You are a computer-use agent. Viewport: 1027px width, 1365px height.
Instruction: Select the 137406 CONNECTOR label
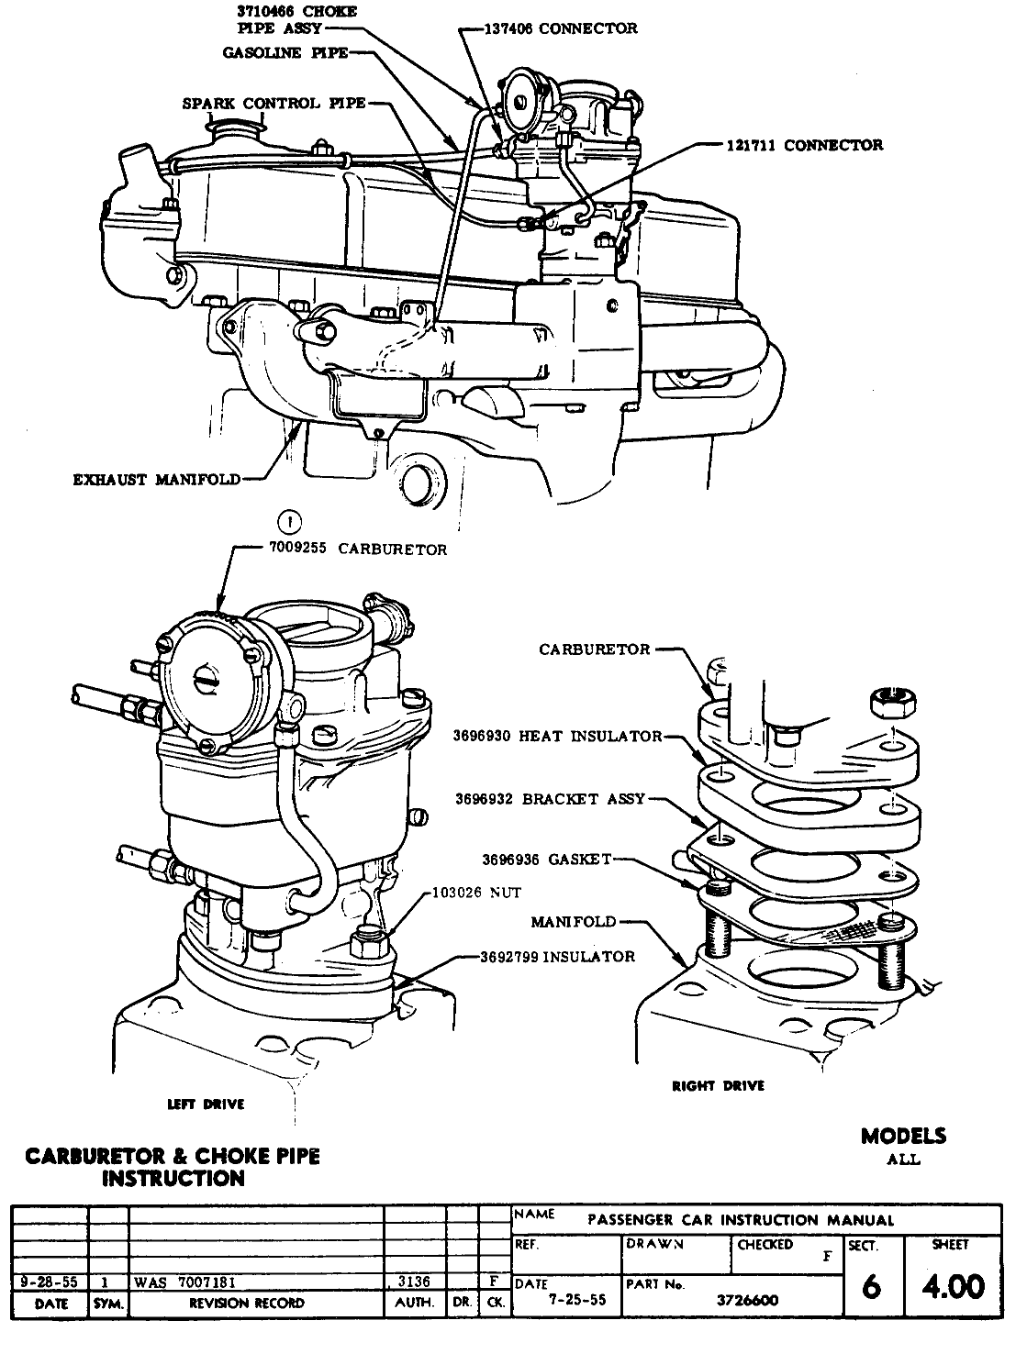point(562,28)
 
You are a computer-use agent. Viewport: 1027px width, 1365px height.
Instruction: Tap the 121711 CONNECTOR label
point(804,145)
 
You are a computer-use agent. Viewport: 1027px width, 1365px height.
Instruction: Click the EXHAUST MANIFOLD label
point(157,479)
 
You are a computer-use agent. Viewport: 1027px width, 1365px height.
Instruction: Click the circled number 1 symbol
point(290,523)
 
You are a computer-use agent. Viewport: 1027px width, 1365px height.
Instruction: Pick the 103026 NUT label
point(475,893)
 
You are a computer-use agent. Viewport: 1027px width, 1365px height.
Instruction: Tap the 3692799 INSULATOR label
point(557,957)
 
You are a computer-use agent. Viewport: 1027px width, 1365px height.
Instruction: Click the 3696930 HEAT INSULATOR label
point(557,736)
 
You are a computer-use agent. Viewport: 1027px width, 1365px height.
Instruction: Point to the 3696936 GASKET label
point(546,860)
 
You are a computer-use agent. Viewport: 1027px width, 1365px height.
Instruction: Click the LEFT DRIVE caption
point(207,1104)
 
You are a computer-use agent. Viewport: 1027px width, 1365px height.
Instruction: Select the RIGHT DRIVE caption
point(719,1086)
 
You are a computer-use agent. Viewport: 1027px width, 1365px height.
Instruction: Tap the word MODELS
point(903,1137)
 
